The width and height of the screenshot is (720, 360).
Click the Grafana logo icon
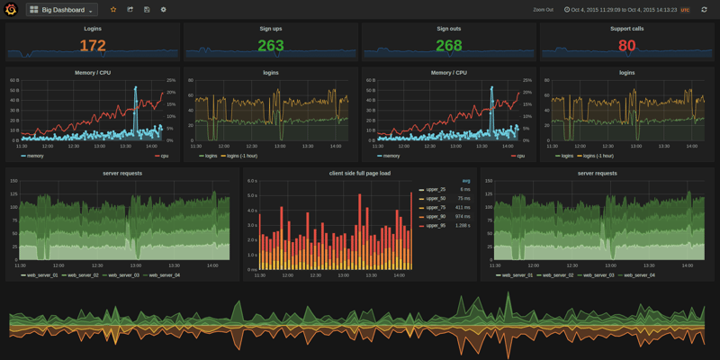pos(11,10)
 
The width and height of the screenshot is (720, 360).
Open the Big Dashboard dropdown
pos(62,10)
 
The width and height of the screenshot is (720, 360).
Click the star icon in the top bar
pos(113,10)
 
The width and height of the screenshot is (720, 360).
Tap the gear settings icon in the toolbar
pos(163,10)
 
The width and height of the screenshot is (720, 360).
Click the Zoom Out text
pos(543,10)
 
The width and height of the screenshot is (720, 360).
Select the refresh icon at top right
pos(704,10)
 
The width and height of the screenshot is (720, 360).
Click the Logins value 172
pos(93,46)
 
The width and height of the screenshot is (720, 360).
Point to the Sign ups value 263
pos(271,46)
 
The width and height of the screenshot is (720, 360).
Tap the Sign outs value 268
pos(448,46)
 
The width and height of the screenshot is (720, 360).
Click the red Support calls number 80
pos(626,46)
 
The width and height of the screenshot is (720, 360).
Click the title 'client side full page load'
pos(360,173)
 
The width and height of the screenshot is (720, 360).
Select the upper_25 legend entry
pos(435,190)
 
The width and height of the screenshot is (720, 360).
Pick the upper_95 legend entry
pos(435,225)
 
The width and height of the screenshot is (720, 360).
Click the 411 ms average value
pos(463,208)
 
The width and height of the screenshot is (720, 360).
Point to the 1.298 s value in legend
pos(462,225)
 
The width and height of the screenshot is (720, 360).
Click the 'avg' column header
pos(465,181)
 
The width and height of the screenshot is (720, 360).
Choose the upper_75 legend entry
pos(435,208)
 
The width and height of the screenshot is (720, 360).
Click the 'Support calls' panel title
pos(626,29)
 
